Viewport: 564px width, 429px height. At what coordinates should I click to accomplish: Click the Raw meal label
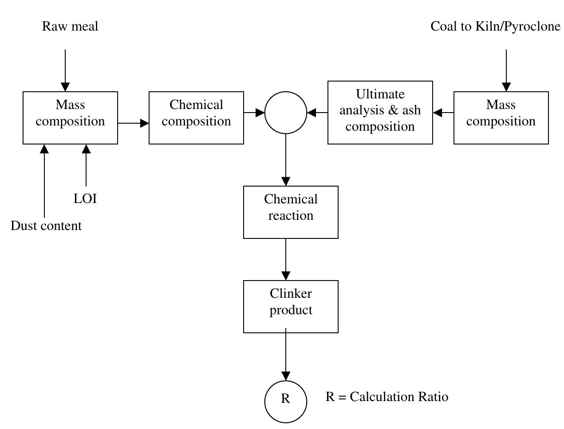[x=70, y=27]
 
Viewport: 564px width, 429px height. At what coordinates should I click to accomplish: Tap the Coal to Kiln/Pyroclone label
[x=495, y=27]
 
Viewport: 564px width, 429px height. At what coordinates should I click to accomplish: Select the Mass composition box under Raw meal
[x=70, y=117]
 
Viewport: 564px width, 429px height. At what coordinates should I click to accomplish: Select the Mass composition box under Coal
[x=501, y=117]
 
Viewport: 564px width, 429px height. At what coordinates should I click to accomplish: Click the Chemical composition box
[x=196, y=117]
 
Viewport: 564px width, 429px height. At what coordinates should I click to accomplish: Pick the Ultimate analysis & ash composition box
[x=380, y=112]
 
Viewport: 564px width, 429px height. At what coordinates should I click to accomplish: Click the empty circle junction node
[x=286, y=113]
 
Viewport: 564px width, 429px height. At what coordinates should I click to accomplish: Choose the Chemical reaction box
[x=291, y=212]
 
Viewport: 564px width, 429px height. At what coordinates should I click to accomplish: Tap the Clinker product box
[x=291, y=306]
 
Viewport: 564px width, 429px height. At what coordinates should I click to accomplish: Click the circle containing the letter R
[x=286, y=401]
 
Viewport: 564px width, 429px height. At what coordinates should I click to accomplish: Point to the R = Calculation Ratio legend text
[x=387, y=397]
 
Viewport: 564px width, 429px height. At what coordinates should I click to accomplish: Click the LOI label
[x=85, y=199]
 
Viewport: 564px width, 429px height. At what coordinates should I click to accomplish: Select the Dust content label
[x=46, y=226]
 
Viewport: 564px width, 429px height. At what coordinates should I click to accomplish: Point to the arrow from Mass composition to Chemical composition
[x=133, y=123]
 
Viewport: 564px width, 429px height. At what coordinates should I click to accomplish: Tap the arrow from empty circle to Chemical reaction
[x=286, y=160]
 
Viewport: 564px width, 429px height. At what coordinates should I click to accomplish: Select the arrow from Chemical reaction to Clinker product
[x=286, y=259]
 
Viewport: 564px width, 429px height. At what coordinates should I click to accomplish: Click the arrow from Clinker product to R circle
[x=286, y=355]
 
